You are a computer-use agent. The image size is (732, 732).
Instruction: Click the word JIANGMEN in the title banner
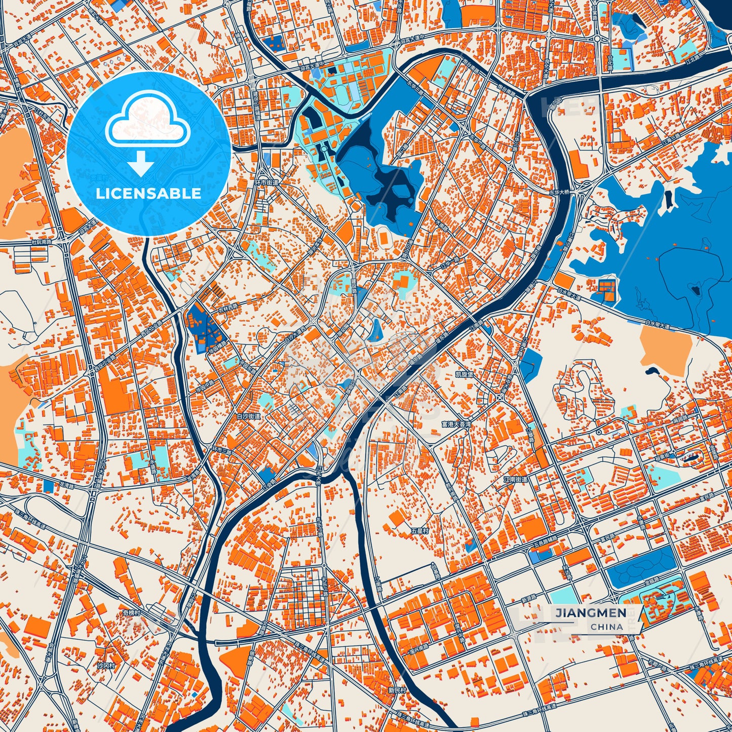590,613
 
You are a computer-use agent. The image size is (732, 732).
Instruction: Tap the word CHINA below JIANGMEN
606,627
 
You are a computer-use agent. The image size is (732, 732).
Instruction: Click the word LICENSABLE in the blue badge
149,193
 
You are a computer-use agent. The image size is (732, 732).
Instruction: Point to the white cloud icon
147,122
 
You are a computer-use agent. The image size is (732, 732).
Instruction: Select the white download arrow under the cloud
141,163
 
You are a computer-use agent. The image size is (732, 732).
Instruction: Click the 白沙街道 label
248,416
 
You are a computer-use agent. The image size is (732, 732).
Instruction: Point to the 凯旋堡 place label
464,374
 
